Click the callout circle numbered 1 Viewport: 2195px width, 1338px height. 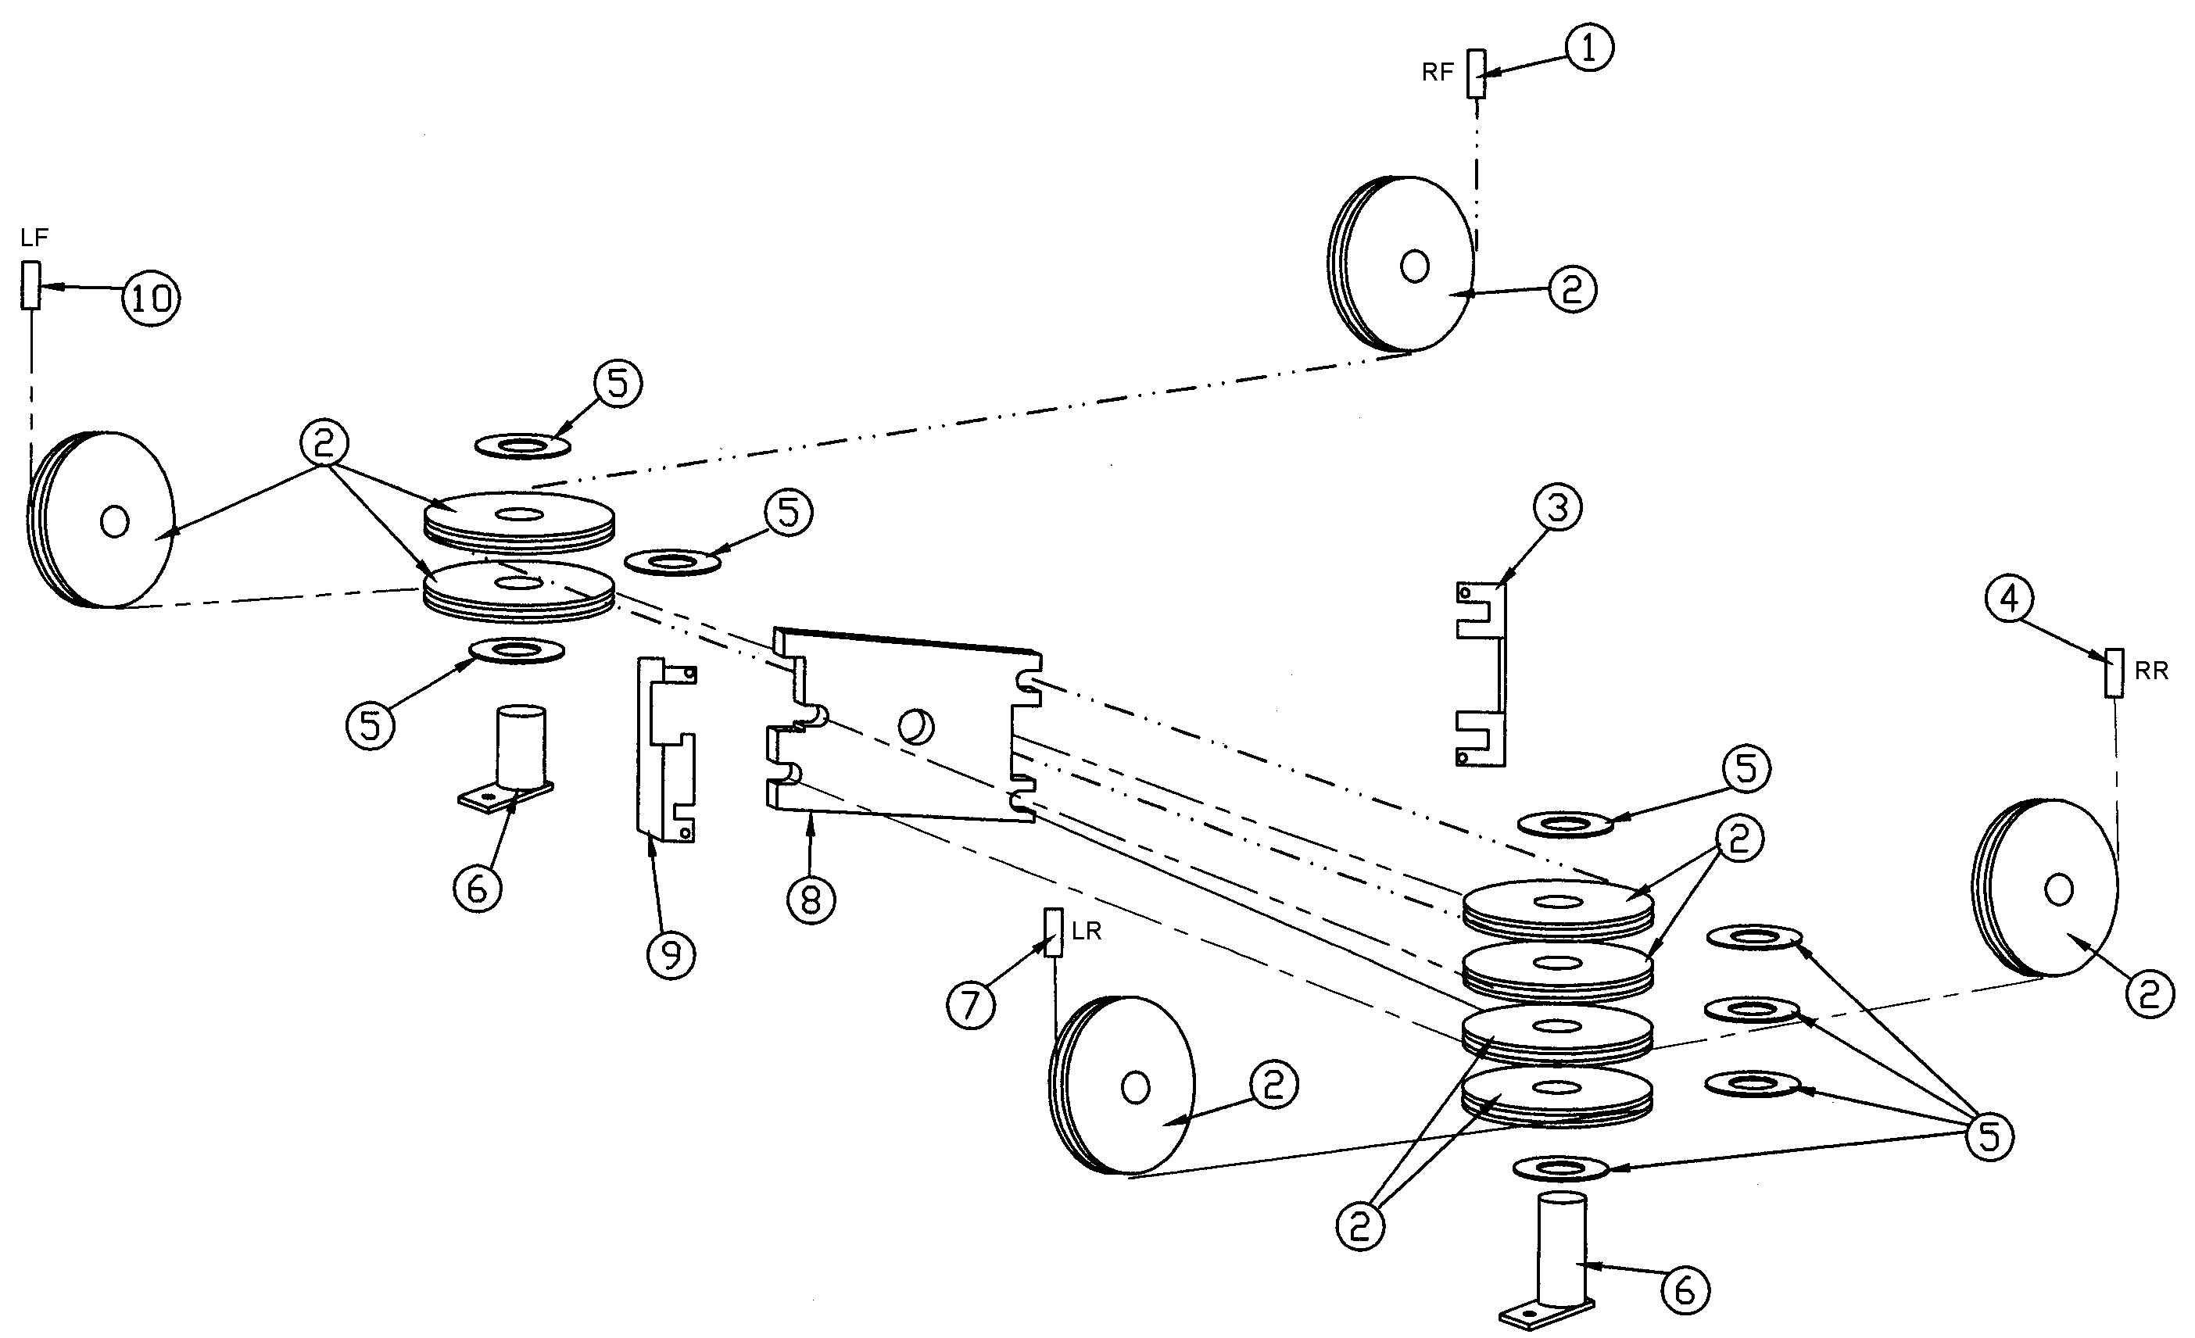pos(1589,48)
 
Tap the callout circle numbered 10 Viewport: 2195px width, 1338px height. pos(152,298)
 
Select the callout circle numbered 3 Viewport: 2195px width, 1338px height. pos(1557,508)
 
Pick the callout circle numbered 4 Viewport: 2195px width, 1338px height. pos(2010,599)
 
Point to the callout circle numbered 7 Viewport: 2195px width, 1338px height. pos(970,1005)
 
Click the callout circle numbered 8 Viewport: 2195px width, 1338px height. pos(811,900)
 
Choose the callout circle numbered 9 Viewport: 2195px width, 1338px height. pos(671,955)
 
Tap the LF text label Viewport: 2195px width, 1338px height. pos(34,238)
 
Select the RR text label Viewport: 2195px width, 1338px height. pos(2151,671)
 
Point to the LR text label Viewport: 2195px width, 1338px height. pos(1086,932)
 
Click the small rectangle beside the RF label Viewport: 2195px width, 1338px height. pos(1476,74)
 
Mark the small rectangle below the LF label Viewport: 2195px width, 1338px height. pos(31,285)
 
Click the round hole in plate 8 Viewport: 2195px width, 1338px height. pos(917,727)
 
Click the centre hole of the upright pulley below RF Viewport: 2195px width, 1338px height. pos(1415,266)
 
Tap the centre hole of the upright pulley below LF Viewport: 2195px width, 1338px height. pos(115,521)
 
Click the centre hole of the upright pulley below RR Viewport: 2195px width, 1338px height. pos(2059,889)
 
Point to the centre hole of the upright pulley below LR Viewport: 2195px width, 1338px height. pos(1135,1088)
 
